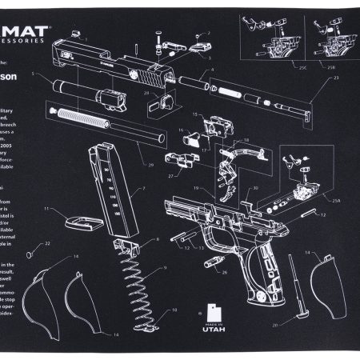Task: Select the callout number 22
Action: coord(47,243)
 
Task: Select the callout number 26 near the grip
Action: coord(224,272)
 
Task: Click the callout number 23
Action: coord(336,78)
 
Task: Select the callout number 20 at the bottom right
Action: coord(297,326)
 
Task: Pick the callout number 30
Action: coord(254,190)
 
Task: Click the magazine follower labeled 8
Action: coord(126,238)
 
